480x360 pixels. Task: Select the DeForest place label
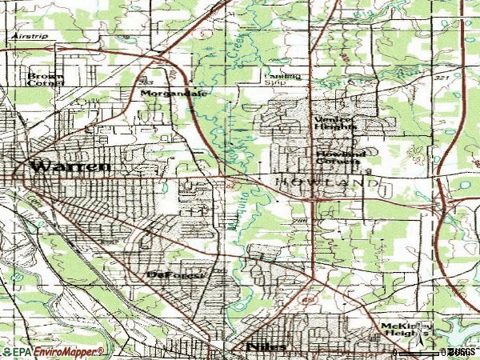click(177, 275)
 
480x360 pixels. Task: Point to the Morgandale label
click(174, 94)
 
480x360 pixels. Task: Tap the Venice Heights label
click(332, 123)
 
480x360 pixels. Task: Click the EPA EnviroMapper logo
click(53, 351)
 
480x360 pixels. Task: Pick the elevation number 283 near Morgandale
click(146, 82)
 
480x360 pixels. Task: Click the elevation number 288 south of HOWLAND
click(300, 220)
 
